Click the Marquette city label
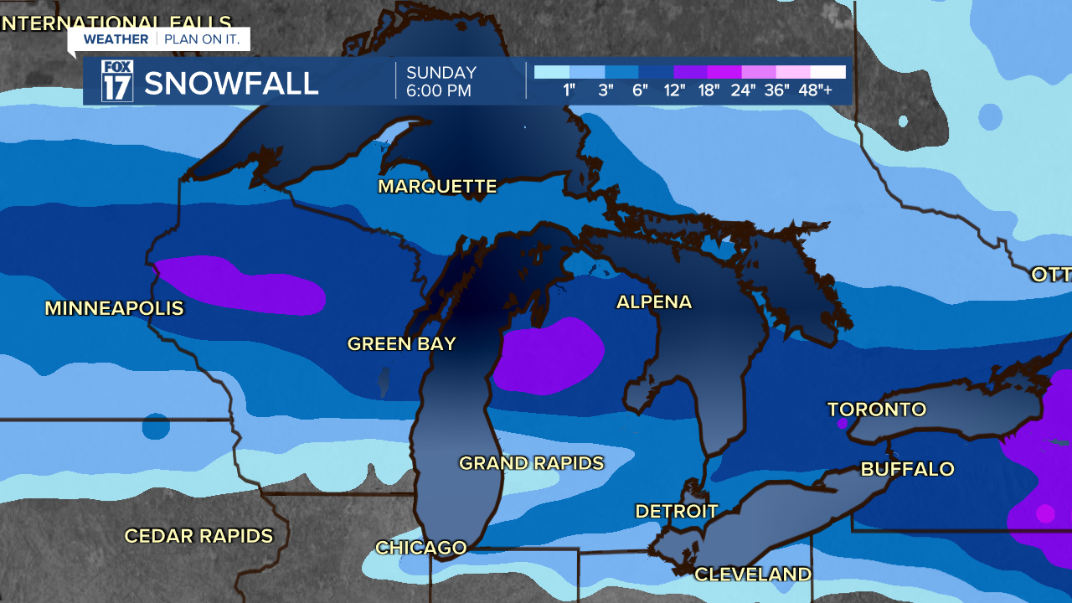pyautogui.click(x=437, y=186)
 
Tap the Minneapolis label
pyautogui.click(x=114, y=308)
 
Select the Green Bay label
pyautogui.click(x=401, y=343)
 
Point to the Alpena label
pyautogui.click(x=654, y=302)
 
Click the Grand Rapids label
pyautogui.click(x=531, y=463)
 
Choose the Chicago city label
pyautogui.click(x=420, y=548)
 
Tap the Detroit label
pyautogui.click(x=676, y=511)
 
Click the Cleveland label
pyautogui.click(x=752, y=575)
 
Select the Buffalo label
pyautogui.click(x=907, y=469)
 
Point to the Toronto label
pyautogui.click(x=876, y=410)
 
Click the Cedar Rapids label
pyautogui.click(x=198, y=536)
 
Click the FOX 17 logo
pyautogui.click(x=116, y=81)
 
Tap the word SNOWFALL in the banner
pyautogui.click(x=231, y=83)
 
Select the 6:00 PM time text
pyautogui.click(x=439, y=90)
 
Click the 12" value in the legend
pyautogui.click(x=674, y=90)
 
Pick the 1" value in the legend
pyautogui.click(x=569, y=90)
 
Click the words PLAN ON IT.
pyautogui.click(x=202, y=39)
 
